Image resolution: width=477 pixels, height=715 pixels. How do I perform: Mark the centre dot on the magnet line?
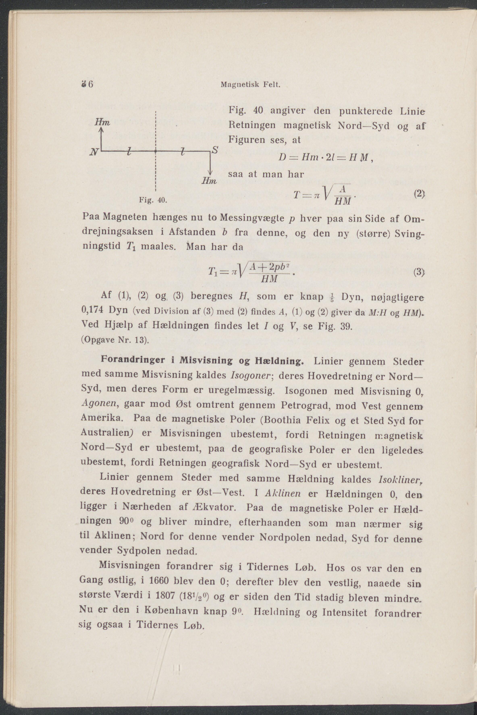point(155,151)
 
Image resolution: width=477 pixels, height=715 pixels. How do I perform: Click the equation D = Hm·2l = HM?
point(324,158)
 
